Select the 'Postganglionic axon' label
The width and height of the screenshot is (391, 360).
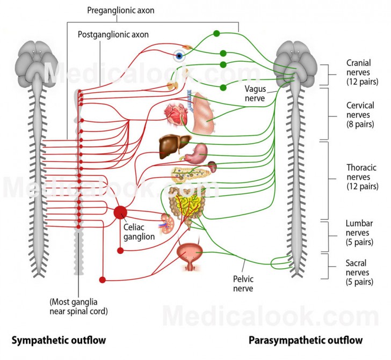point(113,34)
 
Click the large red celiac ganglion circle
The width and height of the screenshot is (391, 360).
point(121,212)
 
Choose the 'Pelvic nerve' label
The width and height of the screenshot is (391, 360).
point(243,284)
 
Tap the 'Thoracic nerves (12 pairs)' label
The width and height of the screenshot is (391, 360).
point(361,177)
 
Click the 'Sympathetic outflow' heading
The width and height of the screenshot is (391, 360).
point(59,340)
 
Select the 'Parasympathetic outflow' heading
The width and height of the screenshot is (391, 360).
point(306,340)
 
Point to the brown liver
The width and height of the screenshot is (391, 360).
point(174,145)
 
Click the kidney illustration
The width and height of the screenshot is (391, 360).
point(166,221)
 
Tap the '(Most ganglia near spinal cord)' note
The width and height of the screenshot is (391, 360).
point(78,306)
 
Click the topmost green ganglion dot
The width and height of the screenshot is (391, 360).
point(216,33)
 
